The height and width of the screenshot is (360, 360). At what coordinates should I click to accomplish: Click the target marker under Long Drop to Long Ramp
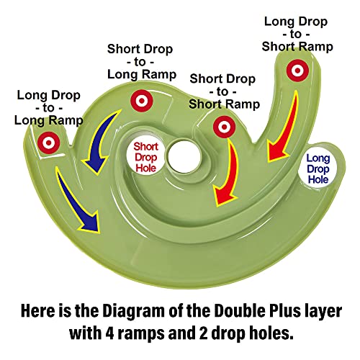(48, 143)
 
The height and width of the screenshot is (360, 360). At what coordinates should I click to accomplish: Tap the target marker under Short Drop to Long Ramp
(142, 101)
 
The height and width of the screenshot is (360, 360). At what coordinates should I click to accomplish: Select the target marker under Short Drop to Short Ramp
(224, 127)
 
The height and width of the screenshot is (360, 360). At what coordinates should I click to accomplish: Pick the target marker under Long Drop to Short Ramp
(297, 71)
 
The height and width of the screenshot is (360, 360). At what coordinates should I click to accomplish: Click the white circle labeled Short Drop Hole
(145, 157)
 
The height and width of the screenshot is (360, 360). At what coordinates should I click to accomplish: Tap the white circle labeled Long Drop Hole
(318, 168)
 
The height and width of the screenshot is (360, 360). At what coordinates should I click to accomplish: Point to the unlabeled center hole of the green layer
(184, 156)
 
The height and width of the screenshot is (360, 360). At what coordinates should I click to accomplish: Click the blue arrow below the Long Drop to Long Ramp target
(77, 199)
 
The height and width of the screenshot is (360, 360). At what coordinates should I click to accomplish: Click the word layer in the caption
(323, 312)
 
